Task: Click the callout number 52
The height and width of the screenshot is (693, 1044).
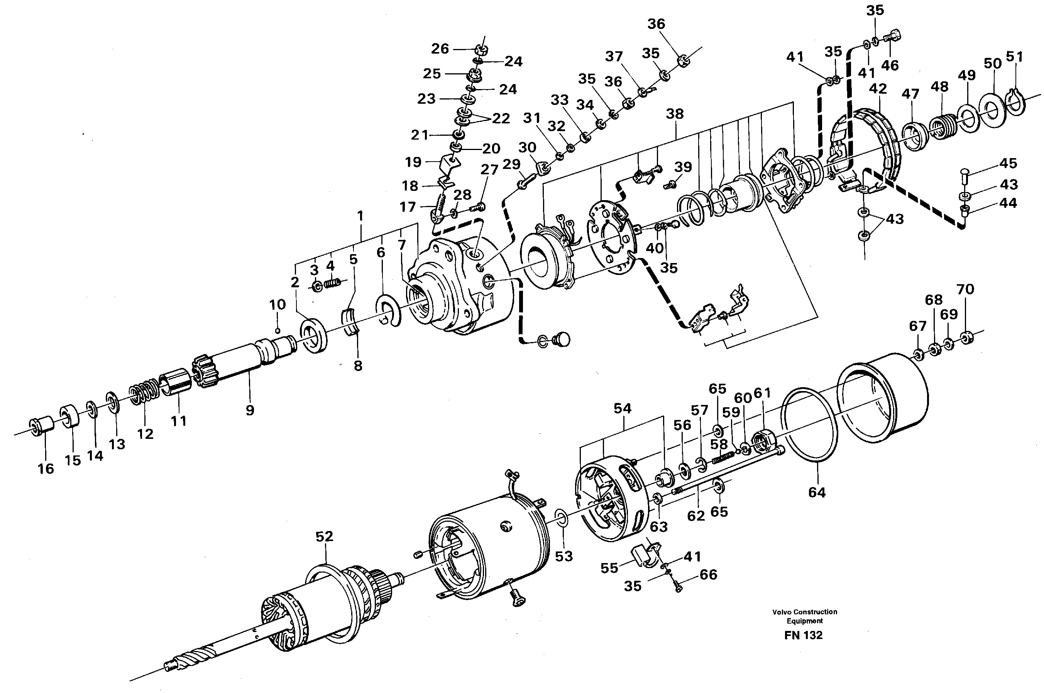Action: pyautogui.click(x=324, y=536)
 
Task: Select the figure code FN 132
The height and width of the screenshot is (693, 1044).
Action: pyautogui.click(x=804, y=636)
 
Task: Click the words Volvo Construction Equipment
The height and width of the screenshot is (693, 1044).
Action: pyautogui.click(x=804, y=616)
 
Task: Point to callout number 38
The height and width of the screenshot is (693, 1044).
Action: pyautogui.click(x=675, y=114)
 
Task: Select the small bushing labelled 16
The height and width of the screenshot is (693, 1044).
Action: pyautogui.click(x=42, y=426)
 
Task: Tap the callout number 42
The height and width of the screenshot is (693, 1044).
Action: pyautogui.click(x=878, y=89)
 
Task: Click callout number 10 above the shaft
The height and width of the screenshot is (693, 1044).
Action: pyautogui.click(x=278, y=305)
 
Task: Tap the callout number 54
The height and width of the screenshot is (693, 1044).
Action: pyautogui.click(x=622, y=409)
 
